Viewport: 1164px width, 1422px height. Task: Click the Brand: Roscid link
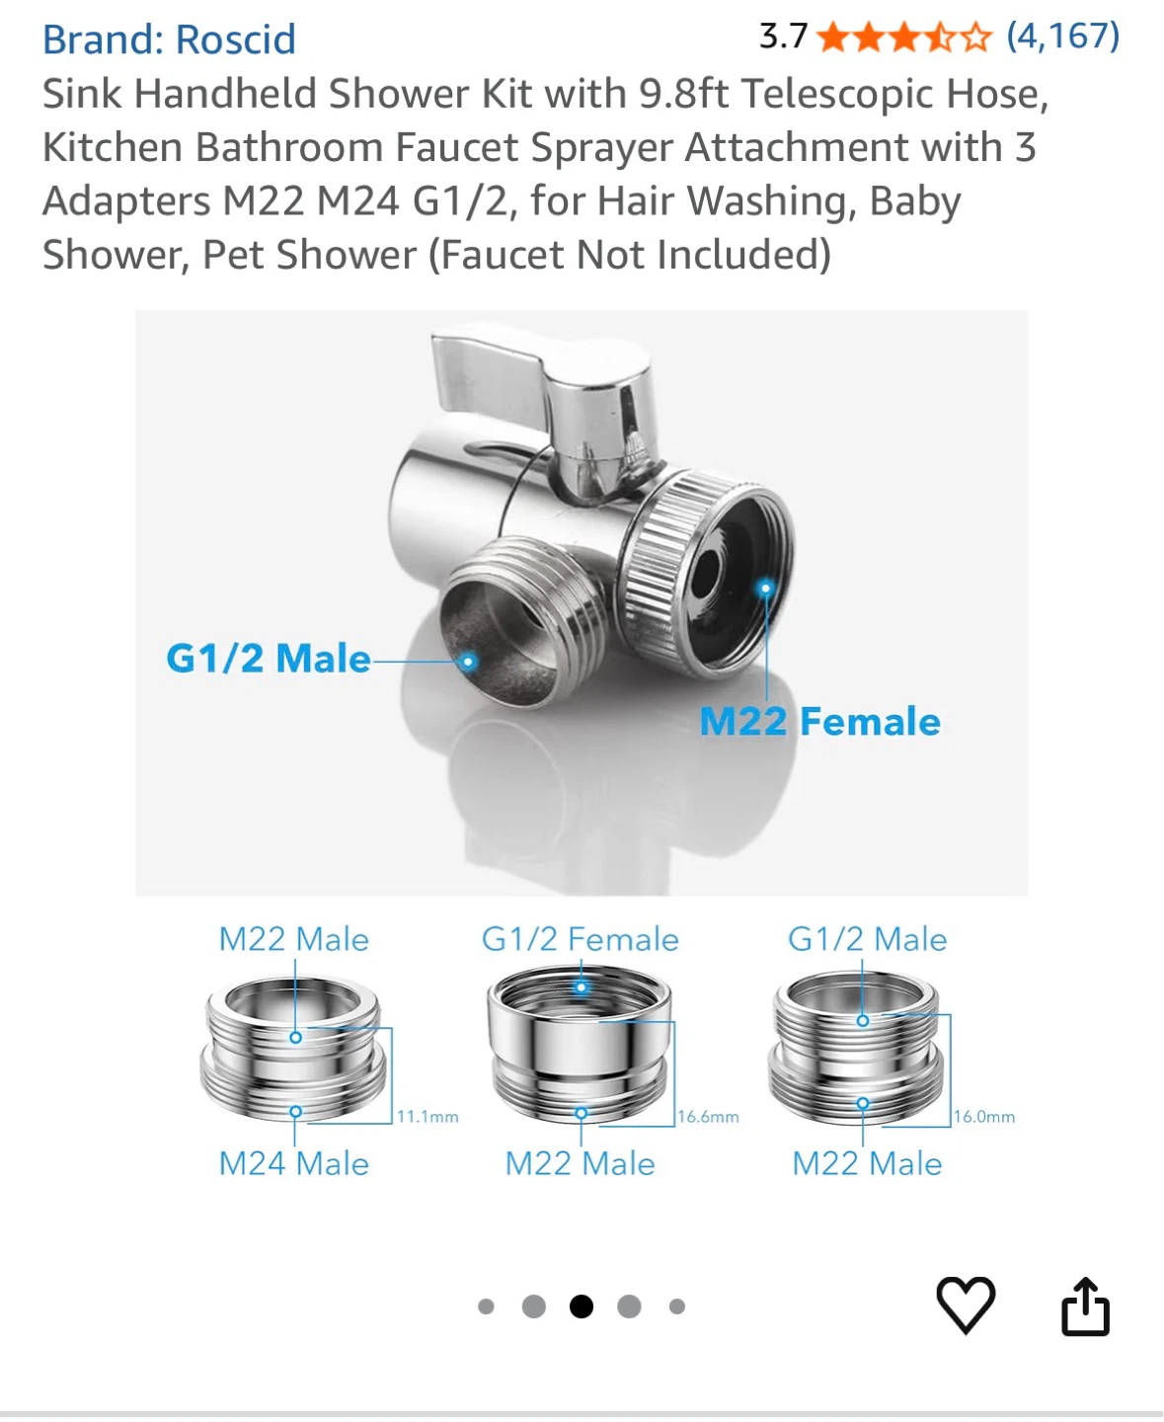tap(169, 39)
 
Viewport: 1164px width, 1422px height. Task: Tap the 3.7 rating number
tap(783, 37)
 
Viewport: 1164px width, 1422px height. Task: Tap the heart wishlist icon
tap(966, 1304)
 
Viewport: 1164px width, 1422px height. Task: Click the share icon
tap(1085, 1306)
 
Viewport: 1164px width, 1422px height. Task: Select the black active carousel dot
tap(581, 1306)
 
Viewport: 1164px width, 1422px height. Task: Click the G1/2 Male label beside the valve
tap(269, 658)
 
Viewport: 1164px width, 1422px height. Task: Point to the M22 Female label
tap(819, 722)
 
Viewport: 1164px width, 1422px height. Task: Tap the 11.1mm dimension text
tap(427, 1117)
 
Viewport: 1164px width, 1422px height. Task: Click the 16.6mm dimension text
tap(709, 1117)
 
